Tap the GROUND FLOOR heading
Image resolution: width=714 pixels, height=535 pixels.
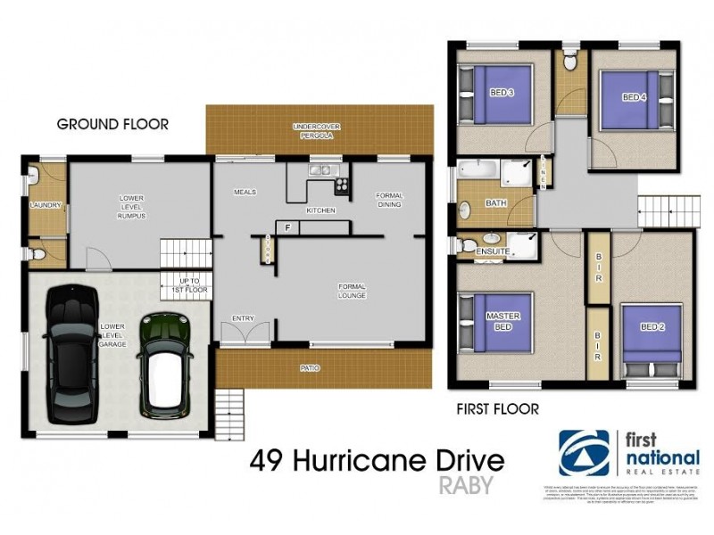pos(112,124)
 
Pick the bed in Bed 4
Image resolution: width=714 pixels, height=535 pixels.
pos(634,97)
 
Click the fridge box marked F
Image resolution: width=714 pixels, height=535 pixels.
pos(287,227)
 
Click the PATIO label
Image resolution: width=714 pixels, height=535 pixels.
pos(311,367)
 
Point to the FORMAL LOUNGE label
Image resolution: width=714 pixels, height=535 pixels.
pos(353,291)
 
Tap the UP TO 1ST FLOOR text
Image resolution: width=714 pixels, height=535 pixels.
pos(189,286)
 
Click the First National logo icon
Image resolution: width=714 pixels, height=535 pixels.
pos(585,453)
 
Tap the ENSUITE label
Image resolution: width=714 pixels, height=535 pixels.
pos(494,251)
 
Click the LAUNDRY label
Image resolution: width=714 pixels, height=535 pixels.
pos(45,205)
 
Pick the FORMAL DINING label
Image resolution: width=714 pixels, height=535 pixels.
pos(389,201)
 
